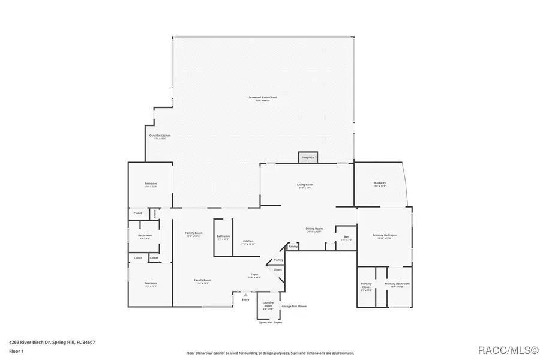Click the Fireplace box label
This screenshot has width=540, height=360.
[308, 157]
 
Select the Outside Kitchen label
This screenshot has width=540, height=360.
[160, 136]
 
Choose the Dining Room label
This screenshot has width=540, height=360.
[314, 229]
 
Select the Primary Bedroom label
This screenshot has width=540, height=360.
[384, 235]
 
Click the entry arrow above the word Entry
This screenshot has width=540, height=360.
[245, 295]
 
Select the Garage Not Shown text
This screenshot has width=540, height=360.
[294, 306]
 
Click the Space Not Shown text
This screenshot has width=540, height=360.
[270, 322]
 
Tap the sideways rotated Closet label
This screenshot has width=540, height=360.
[154, 213]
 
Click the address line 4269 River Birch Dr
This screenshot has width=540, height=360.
[48, 343]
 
